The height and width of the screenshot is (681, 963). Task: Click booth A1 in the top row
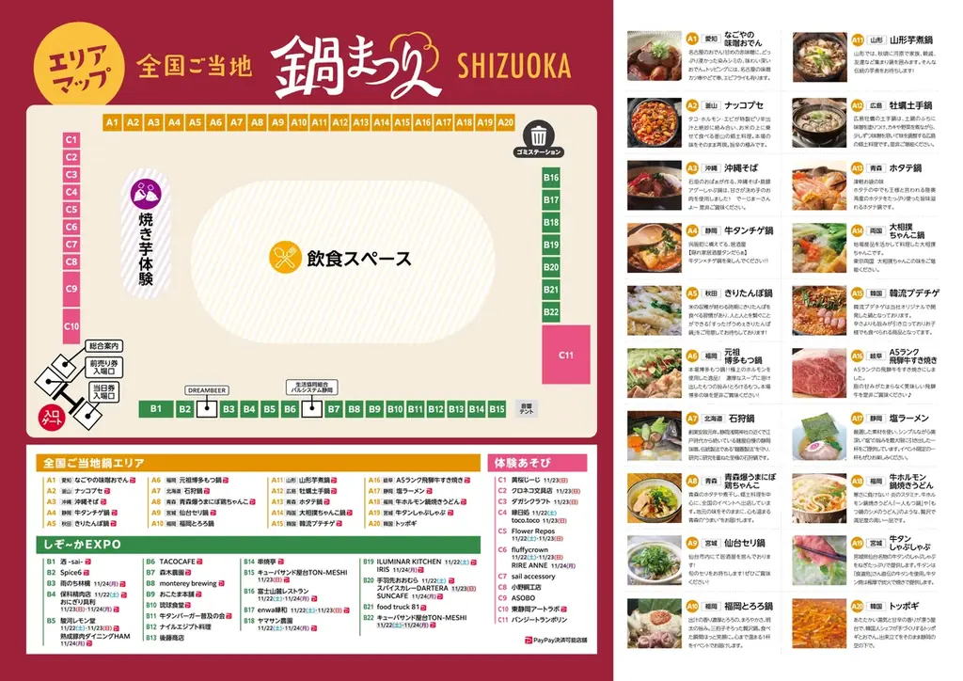pyautogui.click(x=112, y=122)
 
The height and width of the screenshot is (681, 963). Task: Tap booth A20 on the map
pyautogui.click(x=505, y=122)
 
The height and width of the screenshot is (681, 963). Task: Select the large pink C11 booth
pyautogui.click(x=565, y=355)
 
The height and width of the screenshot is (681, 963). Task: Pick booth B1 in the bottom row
pyautogui.click(x=156, y=408)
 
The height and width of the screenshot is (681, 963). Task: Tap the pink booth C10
pyautogui.click(x=71, y=325)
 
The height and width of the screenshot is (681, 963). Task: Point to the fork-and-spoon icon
pyautogui.click(x=284, y=258)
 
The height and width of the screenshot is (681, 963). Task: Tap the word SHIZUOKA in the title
pyautogui.click(x=513, y=66)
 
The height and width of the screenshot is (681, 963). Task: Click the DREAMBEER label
pyautogui.click(x=205, y=388)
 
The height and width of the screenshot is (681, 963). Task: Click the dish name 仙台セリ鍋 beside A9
pyautogui.click(x=747, y=544)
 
